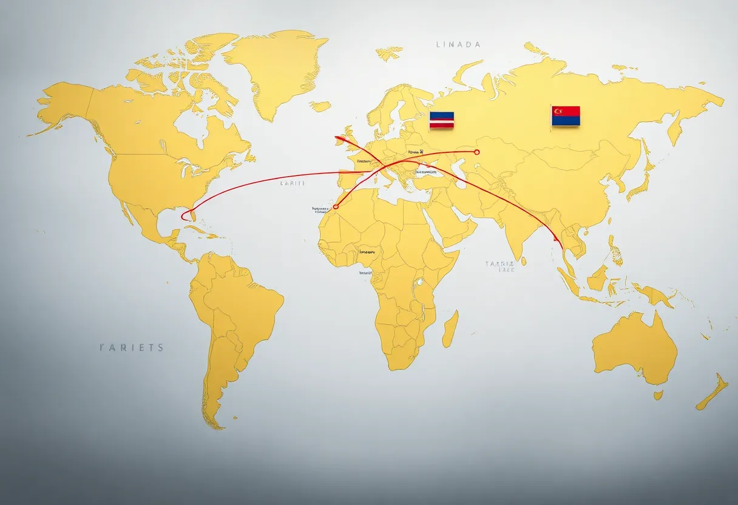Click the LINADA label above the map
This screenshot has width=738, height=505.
click(458, 44)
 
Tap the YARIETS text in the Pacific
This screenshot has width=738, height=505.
click(131, 348)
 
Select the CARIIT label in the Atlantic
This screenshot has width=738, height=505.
click(292, 182)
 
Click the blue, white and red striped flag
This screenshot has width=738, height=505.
click(441, 120)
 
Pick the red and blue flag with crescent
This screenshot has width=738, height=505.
click(566, 116)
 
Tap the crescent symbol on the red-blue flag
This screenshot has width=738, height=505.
click(557, 111)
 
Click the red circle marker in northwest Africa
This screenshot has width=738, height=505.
click(336, 207)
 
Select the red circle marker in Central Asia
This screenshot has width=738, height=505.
click(476, 152)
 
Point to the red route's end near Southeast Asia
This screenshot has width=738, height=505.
click(555, 239)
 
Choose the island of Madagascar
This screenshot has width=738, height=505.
click(450, 330)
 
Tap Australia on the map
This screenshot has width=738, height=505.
click(634, 349)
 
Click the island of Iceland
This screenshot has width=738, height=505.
click(320, 106)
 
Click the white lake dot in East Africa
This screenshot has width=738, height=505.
click(419, 282)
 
